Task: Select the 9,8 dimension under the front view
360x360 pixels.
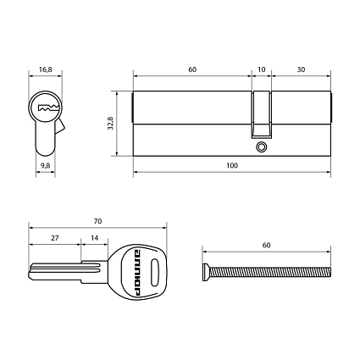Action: pyautogui.click(x=46, y=167)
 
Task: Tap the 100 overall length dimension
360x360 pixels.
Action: pyautogui.click(x=231, y=167)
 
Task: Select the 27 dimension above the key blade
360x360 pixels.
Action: pyautogui.click(x=55, y=239)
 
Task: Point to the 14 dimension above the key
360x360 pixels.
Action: pyautogui.click(x=95, y=239)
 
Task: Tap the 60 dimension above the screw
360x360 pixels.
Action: pyautogui.click(x=266, y=246)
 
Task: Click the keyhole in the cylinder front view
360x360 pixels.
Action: pyautogui.click(x=46, y=108)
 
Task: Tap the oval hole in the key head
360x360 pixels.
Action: pyautogui.click(x=154, y=273)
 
